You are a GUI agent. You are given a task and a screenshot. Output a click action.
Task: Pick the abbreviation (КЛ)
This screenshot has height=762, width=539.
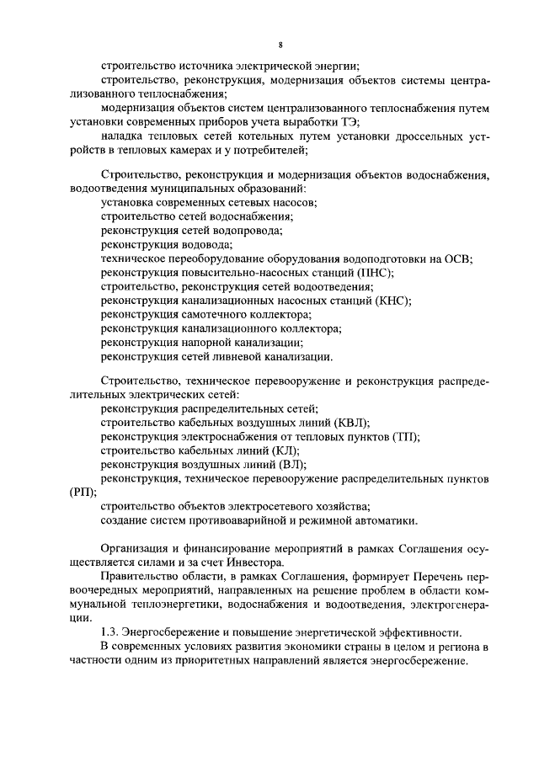pos(291,450)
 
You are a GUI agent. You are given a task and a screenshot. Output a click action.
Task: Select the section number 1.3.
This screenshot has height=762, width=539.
pos(109,631)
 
